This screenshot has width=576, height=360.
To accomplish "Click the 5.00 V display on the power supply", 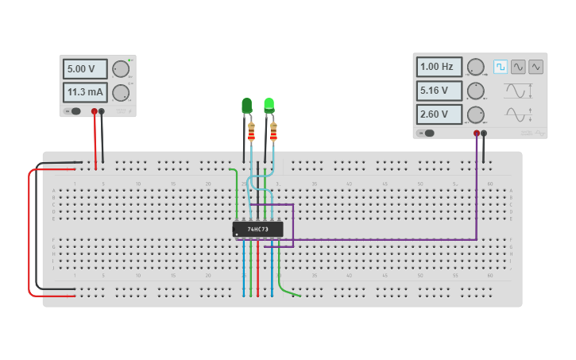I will point(85,69).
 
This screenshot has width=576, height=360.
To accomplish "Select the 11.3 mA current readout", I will point(85,92).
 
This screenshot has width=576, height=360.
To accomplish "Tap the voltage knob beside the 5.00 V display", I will point(121,69).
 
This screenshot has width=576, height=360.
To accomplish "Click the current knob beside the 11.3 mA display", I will point(121,92).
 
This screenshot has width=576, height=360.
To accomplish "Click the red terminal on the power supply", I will point(95,111).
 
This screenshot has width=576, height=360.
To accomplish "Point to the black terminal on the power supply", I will point(102,111).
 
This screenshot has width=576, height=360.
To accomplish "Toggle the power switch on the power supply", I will point(74,111).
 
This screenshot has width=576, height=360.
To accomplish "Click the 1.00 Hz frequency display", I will point(439,67).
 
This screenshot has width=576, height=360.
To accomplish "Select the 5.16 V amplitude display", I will point(439,91).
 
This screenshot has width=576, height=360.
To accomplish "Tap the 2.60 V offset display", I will point(439,114).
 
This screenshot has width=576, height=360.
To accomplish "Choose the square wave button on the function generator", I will point(501,67).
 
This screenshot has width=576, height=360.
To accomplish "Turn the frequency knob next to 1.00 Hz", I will point(475,67).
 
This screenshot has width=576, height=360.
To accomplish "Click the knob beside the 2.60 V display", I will point(475,114).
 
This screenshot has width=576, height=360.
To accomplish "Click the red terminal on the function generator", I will point(477,134).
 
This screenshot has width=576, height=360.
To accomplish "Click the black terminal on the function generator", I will point(484,134).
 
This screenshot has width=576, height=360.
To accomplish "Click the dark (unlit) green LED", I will point(246,106).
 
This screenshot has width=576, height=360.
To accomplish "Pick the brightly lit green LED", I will point(269,104).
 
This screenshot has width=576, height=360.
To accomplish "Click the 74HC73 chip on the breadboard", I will point(257,229).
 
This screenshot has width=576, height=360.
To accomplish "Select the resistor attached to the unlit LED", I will point(251,132).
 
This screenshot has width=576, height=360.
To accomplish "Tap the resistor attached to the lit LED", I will point(273,131).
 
